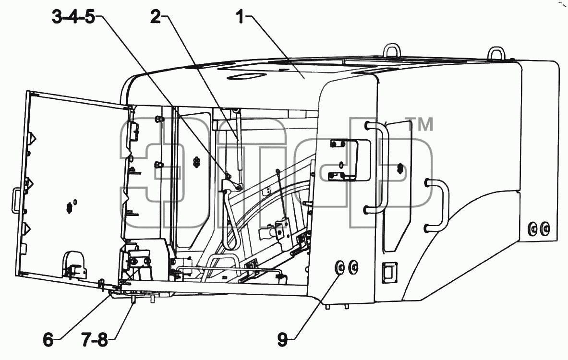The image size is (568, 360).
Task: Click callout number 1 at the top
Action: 241,17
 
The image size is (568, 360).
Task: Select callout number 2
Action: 156,17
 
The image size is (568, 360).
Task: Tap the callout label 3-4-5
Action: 73,17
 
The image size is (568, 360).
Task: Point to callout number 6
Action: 48,340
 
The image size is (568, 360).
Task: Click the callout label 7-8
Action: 95,340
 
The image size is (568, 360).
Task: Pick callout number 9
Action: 282,340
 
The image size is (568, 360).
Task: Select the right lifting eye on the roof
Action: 496,52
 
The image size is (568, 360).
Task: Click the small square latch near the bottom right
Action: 389,272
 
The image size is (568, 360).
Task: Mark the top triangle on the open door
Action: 33,139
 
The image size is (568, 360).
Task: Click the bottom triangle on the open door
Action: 27,228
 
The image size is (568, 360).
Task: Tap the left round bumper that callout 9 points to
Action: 340,267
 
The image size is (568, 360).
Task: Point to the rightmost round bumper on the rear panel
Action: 544,228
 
